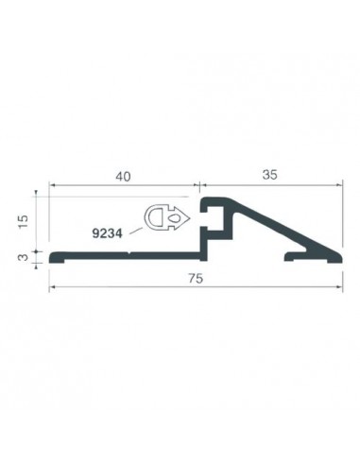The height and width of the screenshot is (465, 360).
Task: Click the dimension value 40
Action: click(x=123, y=177)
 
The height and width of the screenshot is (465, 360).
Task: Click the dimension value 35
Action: click(x=270, y=175)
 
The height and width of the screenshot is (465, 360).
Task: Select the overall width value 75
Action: click(x=196, y=279)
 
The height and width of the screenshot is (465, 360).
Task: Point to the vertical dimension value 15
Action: click(x=24, y=222)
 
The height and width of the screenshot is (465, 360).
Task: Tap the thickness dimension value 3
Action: click(x=24, y=257)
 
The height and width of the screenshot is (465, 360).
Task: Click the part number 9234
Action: click(x=107, y=233)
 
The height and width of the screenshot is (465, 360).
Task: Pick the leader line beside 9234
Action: click(x=136, y=231)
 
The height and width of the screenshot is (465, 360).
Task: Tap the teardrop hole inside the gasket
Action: click(x=174, y=217)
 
